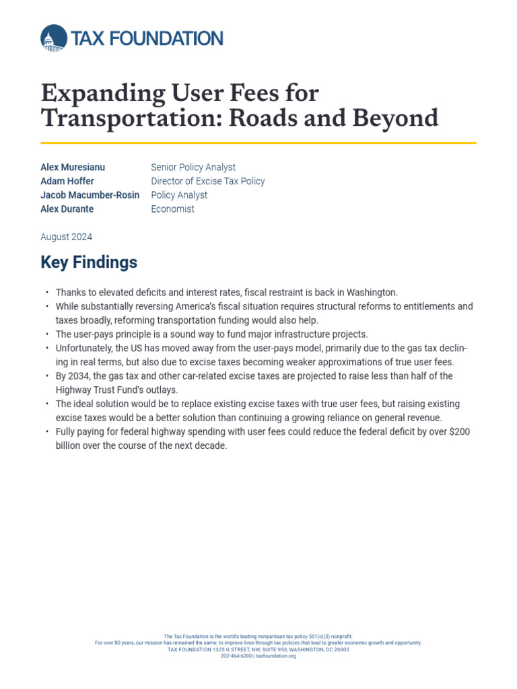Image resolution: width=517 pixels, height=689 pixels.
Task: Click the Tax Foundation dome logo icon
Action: [x=53, y=38]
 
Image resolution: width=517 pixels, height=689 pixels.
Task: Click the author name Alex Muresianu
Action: [x=73, y=167]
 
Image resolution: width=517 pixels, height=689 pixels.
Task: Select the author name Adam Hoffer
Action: [x=67, y=181]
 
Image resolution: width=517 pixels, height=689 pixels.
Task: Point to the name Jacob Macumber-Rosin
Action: [x=90, y=195]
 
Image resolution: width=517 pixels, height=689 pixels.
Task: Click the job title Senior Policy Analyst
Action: [x=193, y=167]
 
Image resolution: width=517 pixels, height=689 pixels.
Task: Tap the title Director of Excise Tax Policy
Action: [x=208, y=181]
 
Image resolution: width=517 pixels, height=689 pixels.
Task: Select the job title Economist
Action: [x=172, y=209]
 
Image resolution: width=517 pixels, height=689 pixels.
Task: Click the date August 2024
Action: [x=67, y=237]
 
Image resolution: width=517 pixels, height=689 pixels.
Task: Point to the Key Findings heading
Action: [x=89, y=262]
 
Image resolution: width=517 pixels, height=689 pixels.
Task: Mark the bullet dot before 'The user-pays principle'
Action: [x=47, y=334]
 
